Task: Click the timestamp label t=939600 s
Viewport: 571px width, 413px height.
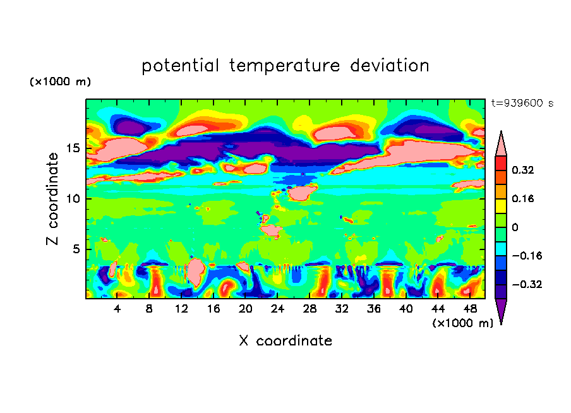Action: [522, 104]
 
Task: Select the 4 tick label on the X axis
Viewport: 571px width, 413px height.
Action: [117, 309]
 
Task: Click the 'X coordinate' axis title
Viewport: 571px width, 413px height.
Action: [285, 341]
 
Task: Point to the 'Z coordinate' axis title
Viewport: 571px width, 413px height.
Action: [53, 198]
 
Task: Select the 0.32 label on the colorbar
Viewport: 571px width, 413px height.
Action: [524, 170]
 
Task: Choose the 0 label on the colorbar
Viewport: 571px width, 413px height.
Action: [515, 227]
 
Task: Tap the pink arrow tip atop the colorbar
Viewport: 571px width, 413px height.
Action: [501, 144]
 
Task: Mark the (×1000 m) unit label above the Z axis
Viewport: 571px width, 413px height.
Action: [60, 82]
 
